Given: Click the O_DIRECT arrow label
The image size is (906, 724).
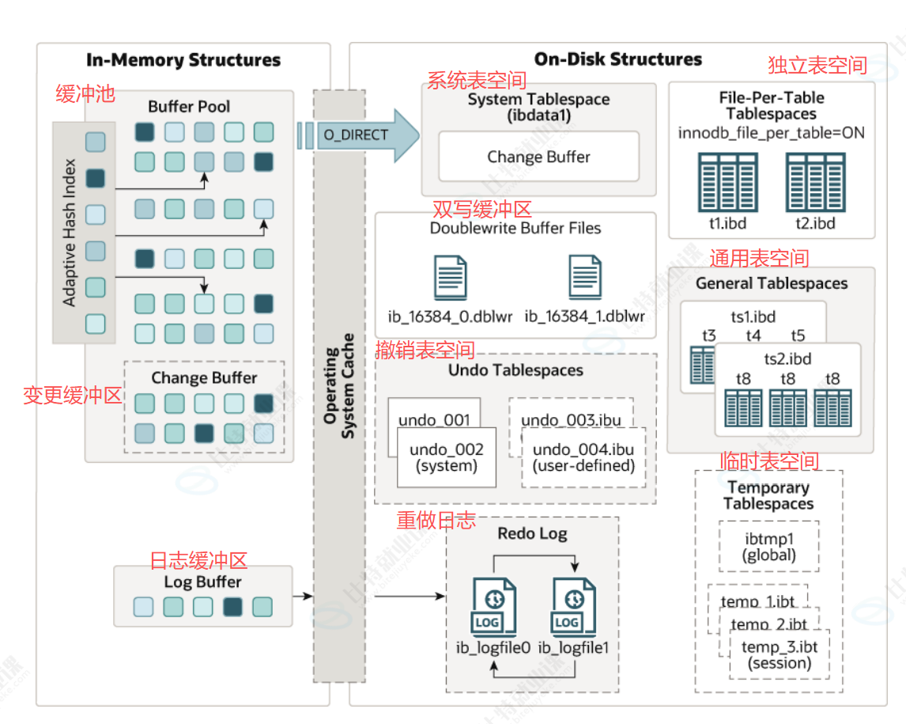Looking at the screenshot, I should tap(356, 135).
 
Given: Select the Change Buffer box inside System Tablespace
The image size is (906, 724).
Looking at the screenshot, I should tap(538, 157).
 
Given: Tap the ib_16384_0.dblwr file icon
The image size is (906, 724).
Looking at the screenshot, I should tap(451, 277).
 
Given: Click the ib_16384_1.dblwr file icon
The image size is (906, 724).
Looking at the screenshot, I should tap(585, 277).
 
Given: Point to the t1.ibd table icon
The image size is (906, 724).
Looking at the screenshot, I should tap(717, 181).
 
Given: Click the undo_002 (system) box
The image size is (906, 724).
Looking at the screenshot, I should tap(446, 457).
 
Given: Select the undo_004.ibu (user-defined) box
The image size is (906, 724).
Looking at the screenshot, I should tap(583, 457).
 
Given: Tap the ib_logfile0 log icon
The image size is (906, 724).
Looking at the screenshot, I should tap(494, 608).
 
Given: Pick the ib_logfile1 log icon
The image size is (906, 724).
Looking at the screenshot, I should tap(575, 608).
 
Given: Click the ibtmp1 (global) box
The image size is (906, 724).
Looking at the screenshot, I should tap(769, 547).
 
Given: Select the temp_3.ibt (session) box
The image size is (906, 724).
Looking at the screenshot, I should tap(780, 655).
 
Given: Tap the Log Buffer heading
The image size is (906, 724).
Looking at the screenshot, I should tap(203, 582).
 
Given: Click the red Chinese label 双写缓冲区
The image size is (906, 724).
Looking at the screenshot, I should tap(481, 209).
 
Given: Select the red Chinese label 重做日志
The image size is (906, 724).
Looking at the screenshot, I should tap(436, 520).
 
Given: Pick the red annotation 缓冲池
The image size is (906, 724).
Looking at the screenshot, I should tap(85, 94).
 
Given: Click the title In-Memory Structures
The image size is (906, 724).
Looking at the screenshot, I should tap(183, 60).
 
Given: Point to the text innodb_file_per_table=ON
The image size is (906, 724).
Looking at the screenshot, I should tap(771, 132).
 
